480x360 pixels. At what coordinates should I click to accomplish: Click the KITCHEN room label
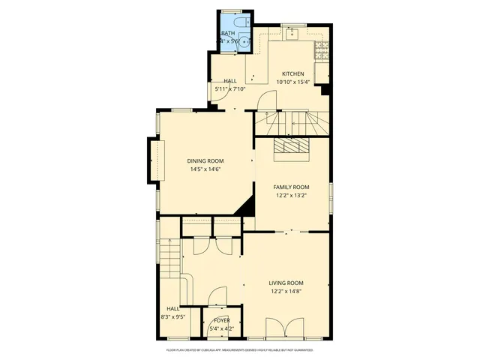(x=292, y=73)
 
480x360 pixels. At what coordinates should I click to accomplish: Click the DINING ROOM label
(x=205, y=160)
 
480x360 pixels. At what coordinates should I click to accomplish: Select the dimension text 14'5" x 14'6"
(x=205, y=169)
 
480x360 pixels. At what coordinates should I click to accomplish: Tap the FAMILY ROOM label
(x=291, y=187)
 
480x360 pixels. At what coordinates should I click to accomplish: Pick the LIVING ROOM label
(x=286, y=283)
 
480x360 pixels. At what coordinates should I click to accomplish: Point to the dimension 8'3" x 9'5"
(x=173, y=316)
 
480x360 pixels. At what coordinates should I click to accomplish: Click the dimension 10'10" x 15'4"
(x=292, y=82)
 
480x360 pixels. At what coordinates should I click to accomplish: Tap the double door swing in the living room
(x=286, y=328)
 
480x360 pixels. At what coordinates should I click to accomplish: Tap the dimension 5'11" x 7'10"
(x=230, y=89)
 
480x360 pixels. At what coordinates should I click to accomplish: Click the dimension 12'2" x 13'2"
(x=291, y=195)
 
